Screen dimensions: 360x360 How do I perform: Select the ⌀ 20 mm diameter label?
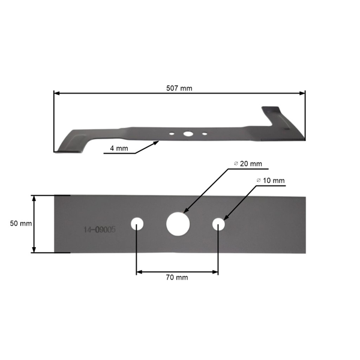pyautogui.click(x=247, y=164)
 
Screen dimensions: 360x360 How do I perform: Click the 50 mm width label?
pyautogui.click(x=21, y=223)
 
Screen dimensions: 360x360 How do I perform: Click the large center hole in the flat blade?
pyautogui.click(x=177, y=224)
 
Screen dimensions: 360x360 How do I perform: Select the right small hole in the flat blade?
pyautogui.click(x=218, y=224)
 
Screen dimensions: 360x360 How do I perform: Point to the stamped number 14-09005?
pyautogui.click(x=99, y=230)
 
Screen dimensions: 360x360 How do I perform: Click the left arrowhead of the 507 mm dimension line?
pyautogui.click(x=56, y=93)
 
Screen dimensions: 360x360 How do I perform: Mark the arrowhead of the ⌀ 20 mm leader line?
pyautogui.click(x=184, y=212)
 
